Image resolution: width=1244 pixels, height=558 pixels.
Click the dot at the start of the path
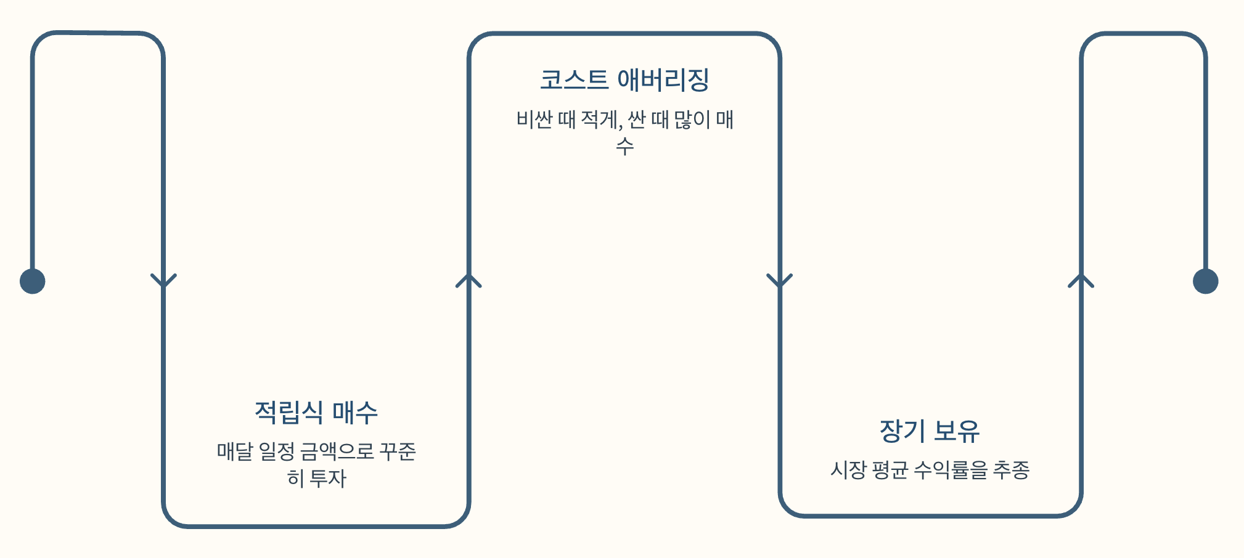click(x=33, y=281)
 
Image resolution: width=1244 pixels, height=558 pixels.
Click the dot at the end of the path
click(x=1205, y=281)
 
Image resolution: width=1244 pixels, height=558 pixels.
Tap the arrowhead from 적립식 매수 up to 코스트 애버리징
click(x=469, y=281)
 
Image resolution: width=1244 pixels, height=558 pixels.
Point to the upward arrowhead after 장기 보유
click(x=1081, y=281)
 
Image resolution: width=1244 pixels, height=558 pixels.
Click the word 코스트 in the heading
click(x=574, y=80)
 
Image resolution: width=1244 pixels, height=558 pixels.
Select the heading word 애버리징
click(x=663, y=80)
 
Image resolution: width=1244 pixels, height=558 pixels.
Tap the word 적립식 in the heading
click(x=288, y=412)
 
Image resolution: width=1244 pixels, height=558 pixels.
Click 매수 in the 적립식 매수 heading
click(x=354, y=412)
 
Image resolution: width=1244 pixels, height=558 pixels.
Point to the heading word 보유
click(x=956, y=431)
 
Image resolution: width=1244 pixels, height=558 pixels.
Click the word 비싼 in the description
click(x=534, y=119)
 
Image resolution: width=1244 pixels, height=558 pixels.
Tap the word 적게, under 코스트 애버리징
click(x=602, y=119)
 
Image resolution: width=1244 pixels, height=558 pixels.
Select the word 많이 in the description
click(x=692, y=119)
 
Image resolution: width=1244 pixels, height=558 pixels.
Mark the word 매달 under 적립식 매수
click(x=235, y=451)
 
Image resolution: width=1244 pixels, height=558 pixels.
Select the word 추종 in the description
click(x=1011, y=470)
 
